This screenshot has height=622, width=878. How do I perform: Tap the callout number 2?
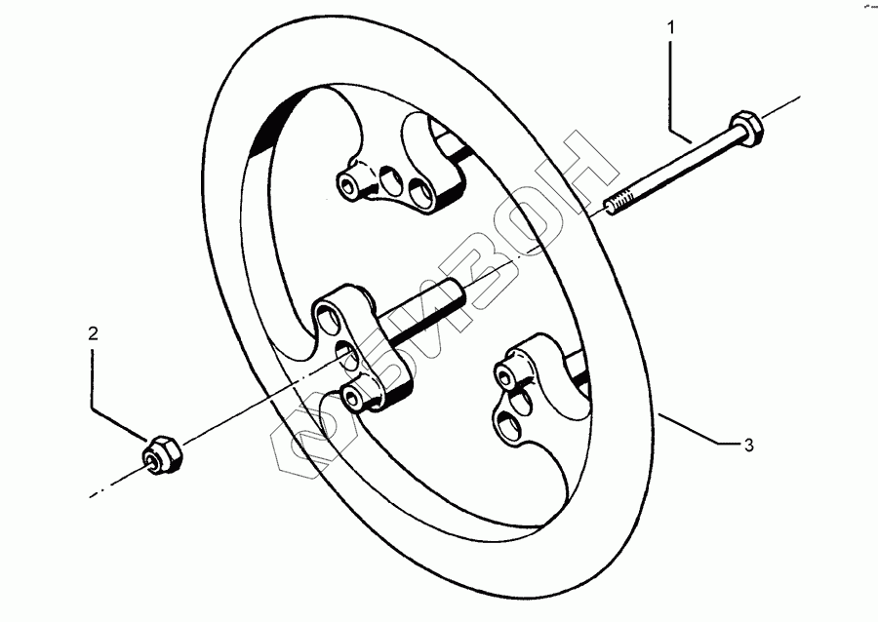tap(93, 333)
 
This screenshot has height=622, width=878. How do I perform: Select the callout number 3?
tap(748, 447)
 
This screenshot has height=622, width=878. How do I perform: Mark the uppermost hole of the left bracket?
tap(327, 318)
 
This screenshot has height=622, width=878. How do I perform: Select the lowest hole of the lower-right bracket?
tap(508, 420)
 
